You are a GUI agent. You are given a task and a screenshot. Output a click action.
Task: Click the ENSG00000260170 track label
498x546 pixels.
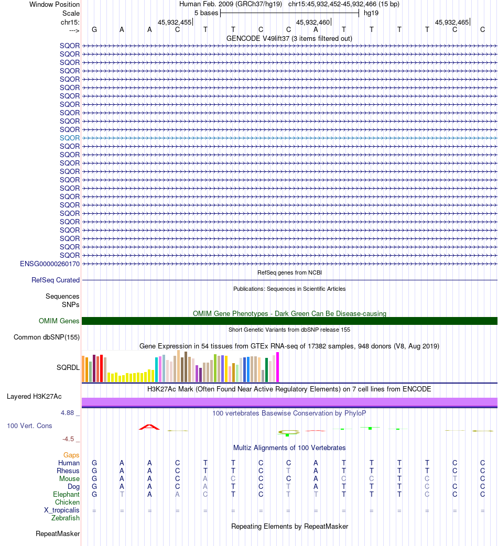[50, 264]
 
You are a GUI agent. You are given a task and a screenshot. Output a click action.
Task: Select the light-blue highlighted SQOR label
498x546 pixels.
[70, 138]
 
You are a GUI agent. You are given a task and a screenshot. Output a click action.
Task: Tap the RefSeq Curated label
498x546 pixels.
[56, 280]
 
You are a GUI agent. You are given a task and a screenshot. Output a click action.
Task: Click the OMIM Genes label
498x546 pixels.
[59, 321]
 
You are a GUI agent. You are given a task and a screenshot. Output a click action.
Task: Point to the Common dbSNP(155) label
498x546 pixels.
[47, 337]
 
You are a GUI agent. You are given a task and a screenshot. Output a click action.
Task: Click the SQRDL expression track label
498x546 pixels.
[68, 368]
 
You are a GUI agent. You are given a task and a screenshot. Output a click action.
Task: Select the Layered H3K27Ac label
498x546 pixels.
[34, 397]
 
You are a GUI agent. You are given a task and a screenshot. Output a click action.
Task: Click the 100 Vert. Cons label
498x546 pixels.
[29, 426]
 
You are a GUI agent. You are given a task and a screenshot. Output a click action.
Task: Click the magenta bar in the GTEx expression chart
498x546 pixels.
[277, 367]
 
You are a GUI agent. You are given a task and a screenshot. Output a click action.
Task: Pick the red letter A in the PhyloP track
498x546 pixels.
[149, 427]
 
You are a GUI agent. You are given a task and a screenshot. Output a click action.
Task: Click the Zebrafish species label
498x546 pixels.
[66, 518]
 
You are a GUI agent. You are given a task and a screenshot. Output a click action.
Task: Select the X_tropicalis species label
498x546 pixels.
[62, 510]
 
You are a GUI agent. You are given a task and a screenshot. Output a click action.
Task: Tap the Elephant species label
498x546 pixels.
[66, 495]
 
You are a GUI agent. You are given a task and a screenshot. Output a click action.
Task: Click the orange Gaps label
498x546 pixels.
[71, 455]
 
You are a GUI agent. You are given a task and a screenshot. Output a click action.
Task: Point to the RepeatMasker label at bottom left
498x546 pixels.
[58, 534]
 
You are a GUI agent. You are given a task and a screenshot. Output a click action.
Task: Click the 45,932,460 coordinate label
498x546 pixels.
[313, 23]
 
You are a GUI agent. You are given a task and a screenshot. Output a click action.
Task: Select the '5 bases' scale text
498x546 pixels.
[206, 13]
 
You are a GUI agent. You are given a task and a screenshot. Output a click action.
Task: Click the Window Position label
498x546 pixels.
[55, 5]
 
